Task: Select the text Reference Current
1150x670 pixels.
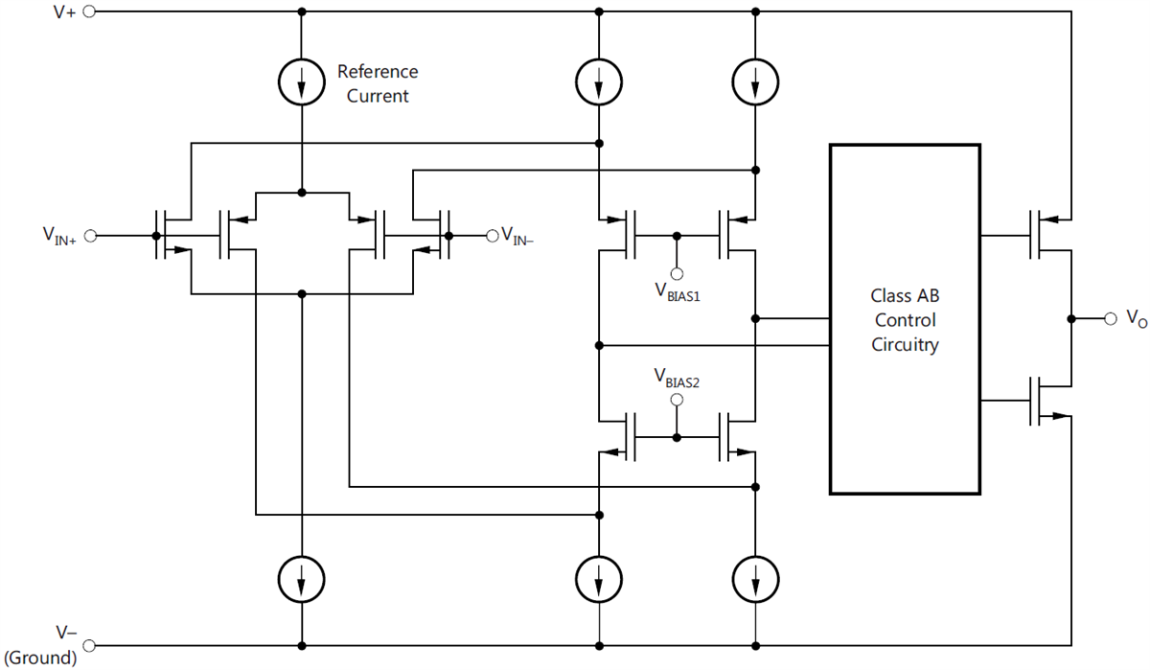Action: [x=378, y=83]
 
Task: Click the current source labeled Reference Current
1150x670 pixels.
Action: [x=302, y=84]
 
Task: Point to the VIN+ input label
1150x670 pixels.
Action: [x=59, y=235]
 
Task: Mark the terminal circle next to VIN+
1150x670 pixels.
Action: [x=91, y=235]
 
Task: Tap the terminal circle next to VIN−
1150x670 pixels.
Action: [x=492, y=235]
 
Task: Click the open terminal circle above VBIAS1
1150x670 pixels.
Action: [x=678, y=273]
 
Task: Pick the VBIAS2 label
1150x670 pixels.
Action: [x=678, y=377]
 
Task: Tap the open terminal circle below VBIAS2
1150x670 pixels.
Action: [x=678, y=399]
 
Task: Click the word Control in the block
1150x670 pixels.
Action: [x=905, y=320]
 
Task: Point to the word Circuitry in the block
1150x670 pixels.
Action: [x=905, y=345]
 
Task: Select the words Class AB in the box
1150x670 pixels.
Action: [x=905, y=296]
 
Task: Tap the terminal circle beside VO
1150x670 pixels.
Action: [x=1110, y=317]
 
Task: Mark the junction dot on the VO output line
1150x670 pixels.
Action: [x=1069, y=317]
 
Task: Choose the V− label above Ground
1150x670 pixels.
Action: [x=64, y=634]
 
